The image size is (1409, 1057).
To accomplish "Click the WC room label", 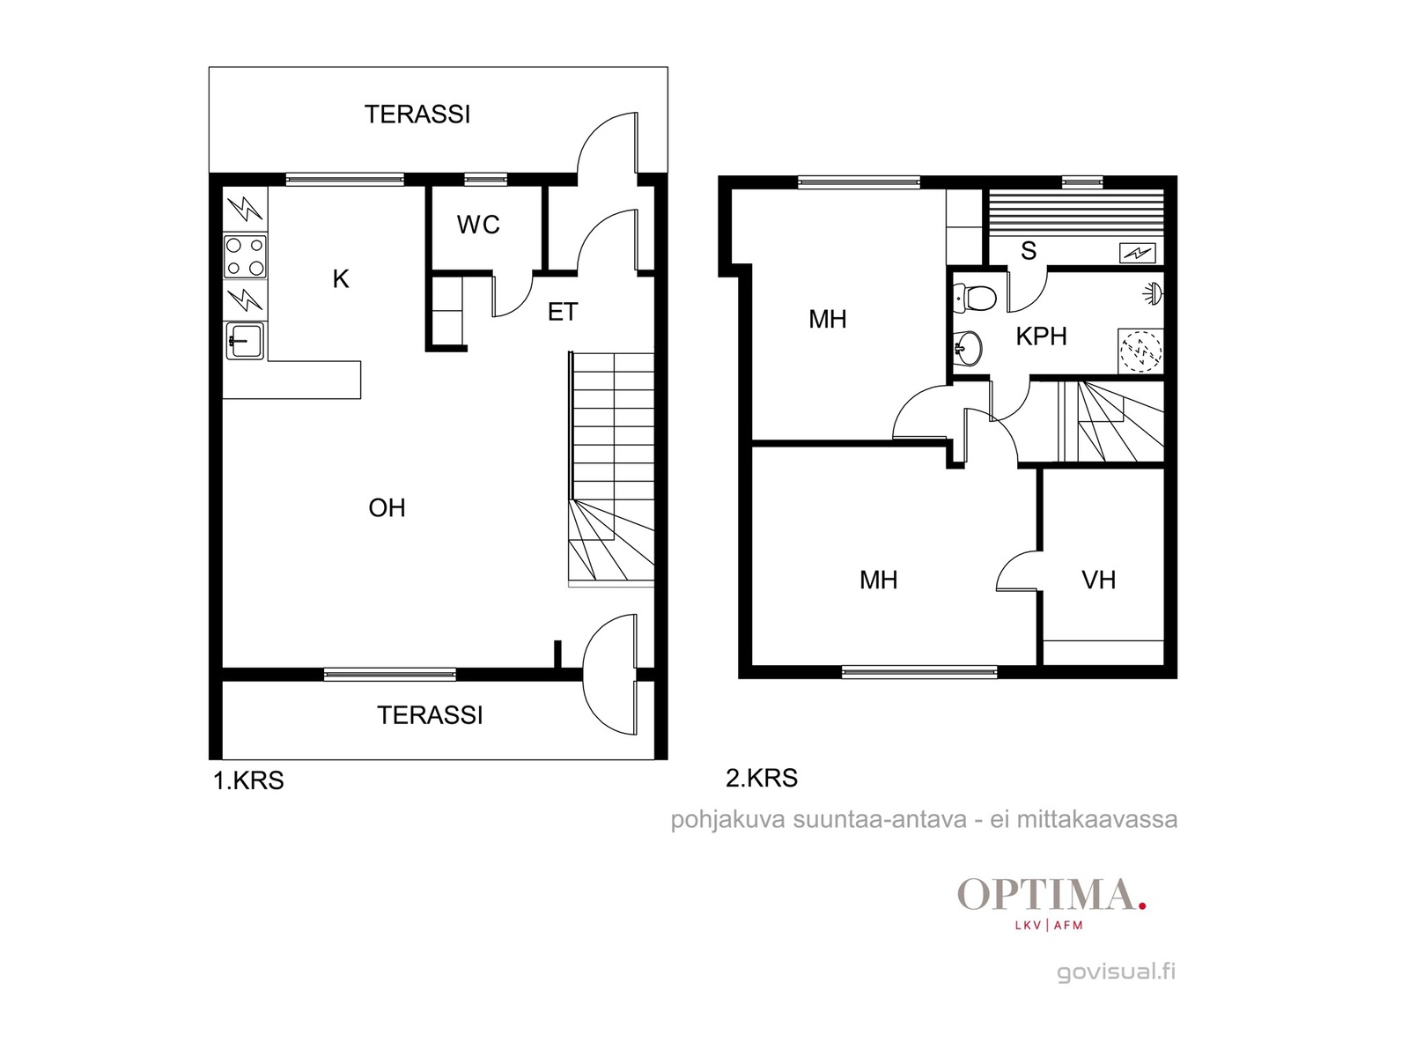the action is [478, 225].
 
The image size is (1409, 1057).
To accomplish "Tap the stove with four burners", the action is [245, 256].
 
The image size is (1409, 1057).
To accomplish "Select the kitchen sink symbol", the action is [245, 341].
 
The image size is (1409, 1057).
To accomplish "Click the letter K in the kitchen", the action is [341, 279].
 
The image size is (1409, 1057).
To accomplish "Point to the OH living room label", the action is [387, 508].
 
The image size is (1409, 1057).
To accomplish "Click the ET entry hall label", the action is [563, 312].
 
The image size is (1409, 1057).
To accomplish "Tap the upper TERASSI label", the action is [417, 115].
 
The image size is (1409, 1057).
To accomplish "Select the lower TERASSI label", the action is [430, 715].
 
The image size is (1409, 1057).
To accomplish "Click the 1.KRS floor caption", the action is [248, 780].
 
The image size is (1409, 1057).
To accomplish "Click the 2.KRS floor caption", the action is [762, 778].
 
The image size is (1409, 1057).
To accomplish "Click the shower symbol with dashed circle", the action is [1140, 351].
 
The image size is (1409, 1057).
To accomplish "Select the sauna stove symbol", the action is [1137, 254].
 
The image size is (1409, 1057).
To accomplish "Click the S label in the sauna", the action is [1029, 250].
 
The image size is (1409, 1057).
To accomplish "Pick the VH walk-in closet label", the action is [1098, 580].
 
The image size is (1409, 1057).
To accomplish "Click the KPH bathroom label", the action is [1041, 336].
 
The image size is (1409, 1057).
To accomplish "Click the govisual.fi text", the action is [1116, 972].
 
